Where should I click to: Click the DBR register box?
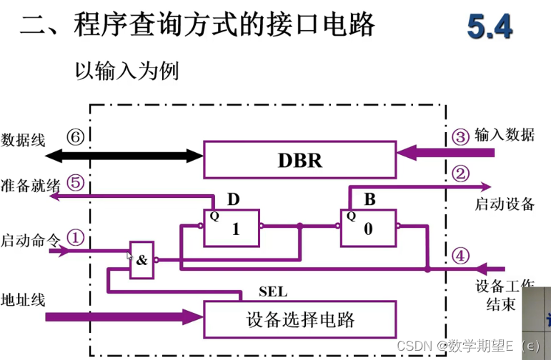[x=300, y=159]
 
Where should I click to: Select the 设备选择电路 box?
[x=300, y=318]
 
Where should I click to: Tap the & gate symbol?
[x=141, y=259]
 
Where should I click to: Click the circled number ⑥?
[x=75, y=137]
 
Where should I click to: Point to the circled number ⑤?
[x=76, y=181]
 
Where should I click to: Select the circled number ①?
[x=76, y=236]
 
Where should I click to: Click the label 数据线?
[x=24, y=139]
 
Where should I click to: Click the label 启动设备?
[x=505, y=204]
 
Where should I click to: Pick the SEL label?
[x=272, y=291]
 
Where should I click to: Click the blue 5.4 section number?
[x=490, y=27]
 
